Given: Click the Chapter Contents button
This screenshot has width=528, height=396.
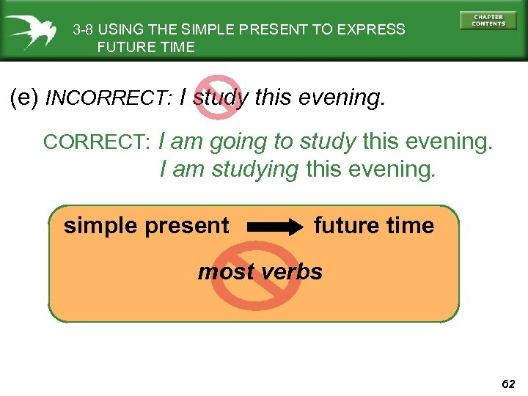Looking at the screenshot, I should pos(488,20).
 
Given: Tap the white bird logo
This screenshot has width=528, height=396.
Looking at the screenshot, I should pos(31,32).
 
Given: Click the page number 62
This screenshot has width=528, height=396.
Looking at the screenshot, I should pos(509,384).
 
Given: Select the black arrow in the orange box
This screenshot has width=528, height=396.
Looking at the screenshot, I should pos(276,227).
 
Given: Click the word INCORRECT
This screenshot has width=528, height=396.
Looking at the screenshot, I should pos(109,98).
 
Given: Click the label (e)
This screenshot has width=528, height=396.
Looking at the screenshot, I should pos(25,97).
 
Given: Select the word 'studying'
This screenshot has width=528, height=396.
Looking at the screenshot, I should pos(255,170).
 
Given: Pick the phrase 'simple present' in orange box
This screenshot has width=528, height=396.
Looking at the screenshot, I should pos(146,226).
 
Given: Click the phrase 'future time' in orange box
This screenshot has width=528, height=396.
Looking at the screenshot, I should pos(374,226).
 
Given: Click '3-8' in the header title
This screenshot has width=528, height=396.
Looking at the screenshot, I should pos(83,30).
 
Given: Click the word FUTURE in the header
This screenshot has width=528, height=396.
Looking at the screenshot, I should pos(121,48).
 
